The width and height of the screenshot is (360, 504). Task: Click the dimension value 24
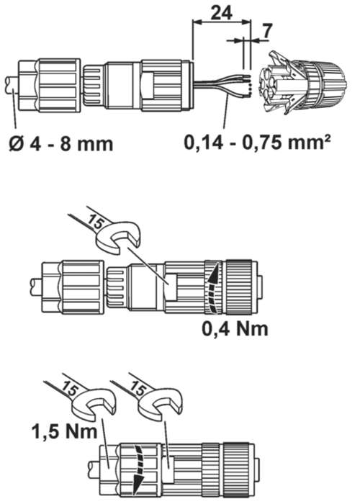coord(221,13)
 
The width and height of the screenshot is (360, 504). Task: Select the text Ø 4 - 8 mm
coord(61,143)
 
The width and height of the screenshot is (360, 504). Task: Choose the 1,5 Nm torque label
coord(64,431)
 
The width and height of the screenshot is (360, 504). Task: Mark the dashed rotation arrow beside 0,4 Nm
coord(213,288)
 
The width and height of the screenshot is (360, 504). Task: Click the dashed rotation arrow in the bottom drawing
coord(139,470)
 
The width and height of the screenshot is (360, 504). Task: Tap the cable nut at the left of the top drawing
coord(49,85)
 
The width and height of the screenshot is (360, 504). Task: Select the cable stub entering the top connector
coord(12,86)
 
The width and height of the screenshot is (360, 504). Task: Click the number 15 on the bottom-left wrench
coord(71,388)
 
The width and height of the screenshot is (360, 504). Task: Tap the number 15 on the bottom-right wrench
coord(138,389)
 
